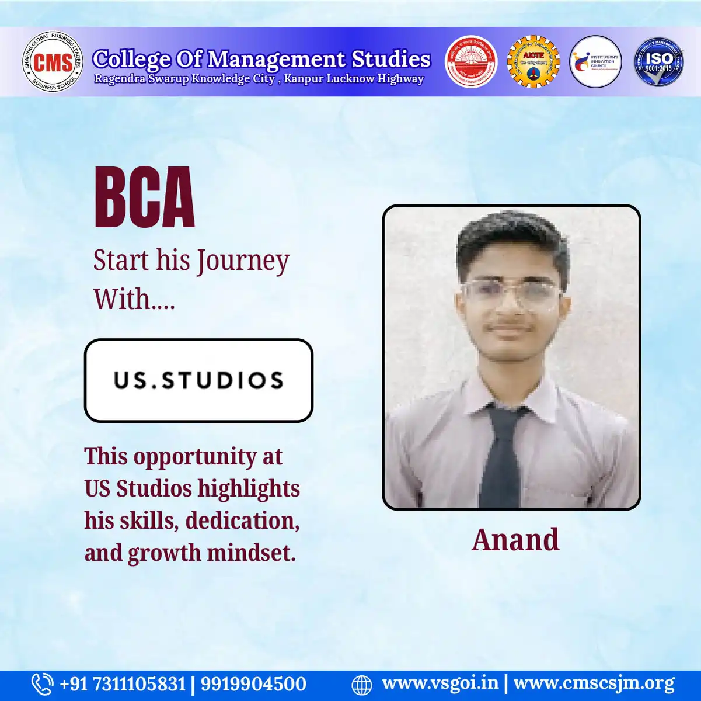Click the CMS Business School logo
[53, 62]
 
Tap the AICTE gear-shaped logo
[533, 62]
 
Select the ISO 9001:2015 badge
[659, 62]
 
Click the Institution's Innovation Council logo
[595, 62]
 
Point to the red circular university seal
[471, 62]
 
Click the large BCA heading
[144, 198]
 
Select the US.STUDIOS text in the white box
[198, 380]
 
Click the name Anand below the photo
[515, 540]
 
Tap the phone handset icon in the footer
[41, 684]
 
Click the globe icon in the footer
[362, 685]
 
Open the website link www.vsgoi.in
[440, 683]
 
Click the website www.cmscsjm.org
[594, 683]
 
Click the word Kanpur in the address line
[303, 79]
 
